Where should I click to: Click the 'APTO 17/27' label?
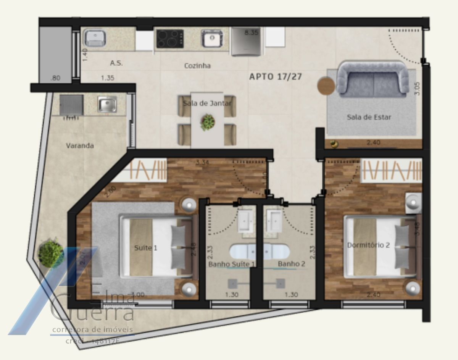[x=275, y=77]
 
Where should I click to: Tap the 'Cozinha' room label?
[x=197, y=66]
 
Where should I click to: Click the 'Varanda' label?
[x=80, y=145]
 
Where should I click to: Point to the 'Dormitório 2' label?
[x=368, y=245]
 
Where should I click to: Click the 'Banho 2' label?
[x=291, y=264]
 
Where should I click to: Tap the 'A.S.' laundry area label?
[x=116, y=63]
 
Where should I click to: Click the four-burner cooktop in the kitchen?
[x=170, y=39]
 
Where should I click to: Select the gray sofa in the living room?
[x=373, y=79]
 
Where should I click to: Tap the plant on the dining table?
[x=208, y=122]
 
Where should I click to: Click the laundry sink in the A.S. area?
[x=95, y=38]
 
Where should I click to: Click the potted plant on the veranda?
[x=50, y=252]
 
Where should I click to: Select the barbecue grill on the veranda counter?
[x=71, y=105]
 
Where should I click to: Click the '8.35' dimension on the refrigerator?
[x=252, y=33]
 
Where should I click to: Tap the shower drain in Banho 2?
[x=281, y=284]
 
